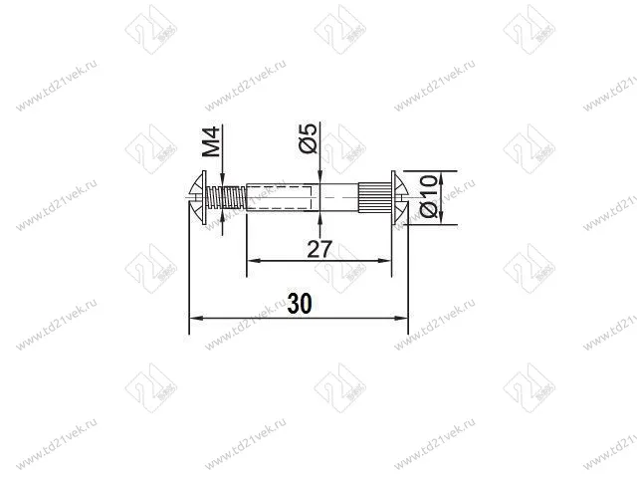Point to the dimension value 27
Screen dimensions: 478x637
318,249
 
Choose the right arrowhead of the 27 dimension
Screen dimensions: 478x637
387,261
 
